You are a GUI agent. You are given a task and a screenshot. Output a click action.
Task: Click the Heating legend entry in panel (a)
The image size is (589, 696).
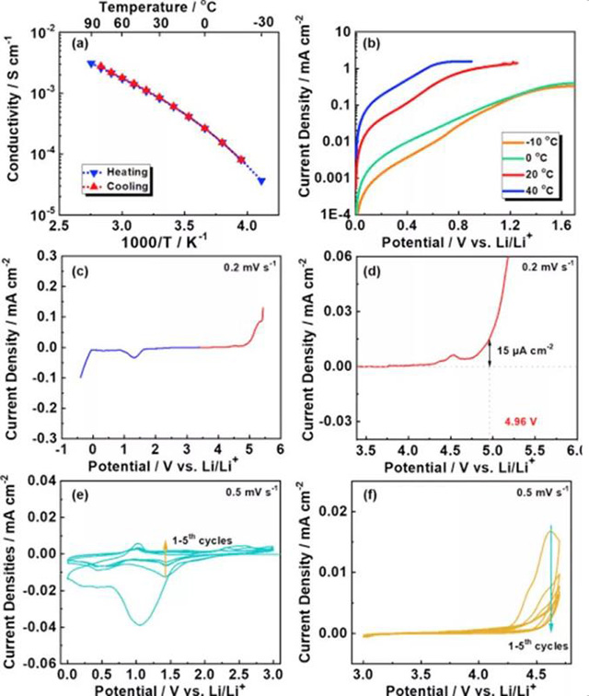[x=120, y=172]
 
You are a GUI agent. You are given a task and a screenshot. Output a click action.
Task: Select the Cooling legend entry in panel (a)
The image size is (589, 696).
[x=120, y=187]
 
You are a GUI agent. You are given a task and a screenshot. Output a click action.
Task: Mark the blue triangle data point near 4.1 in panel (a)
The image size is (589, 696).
[x=262, y=180]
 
